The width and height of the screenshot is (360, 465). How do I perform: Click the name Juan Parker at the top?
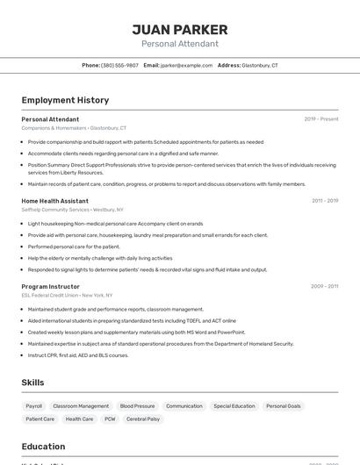tap(180, 29)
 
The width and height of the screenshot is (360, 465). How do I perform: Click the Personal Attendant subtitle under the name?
tap(180, 44)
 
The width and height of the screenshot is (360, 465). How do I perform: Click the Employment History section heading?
tap(65, 100)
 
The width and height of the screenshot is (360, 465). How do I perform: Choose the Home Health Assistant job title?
tap(54, 201)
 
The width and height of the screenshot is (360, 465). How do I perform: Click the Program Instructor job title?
tap(50, 286)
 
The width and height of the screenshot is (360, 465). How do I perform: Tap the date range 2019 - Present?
tap(321, 118)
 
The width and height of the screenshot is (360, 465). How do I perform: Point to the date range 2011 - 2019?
tap(325, 201)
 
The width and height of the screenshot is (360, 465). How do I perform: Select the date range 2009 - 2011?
tap(325, 286)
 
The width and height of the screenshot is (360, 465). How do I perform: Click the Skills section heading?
tap(33, 383)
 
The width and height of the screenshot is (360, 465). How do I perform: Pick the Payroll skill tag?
tap(34, 406)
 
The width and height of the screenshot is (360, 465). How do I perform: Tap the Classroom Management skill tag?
tap(81, 406)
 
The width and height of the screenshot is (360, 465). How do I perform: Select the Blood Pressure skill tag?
tap(137, 406)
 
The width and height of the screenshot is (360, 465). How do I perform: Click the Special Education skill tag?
tap(234, 406)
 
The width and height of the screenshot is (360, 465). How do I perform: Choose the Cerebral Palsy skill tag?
tap(142, 419)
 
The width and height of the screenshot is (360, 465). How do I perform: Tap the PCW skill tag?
tap(110, 419)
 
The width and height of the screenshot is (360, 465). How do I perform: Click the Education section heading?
tap(43, 446)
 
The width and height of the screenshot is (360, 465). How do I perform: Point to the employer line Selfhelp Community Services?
tap(55, 210)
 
